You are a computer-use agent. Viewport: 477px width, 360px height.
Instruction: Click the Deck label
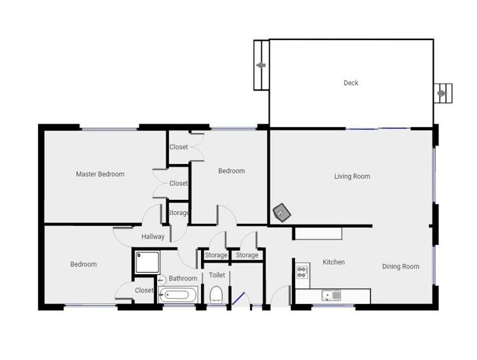351,83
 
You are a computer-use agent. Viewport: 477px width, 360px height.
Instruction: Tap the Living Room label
352,176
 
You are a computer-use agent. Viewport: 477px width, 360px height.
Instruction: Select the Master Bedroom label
100,174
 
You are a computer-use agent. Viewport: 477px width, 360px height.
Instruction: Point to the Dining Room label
401,267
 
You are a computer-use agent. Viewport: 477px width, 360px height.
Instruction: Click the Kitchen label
333,262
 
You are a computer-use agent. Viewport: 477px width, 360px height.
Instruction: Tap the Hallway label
153,237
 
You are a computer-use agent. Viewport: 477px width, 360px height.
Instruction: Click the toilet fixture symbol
216,294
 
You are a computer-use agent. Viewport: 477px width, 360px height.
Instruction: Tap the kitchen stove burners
303,272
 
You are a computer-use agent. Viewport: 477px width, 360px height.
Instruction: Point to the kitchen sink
331,295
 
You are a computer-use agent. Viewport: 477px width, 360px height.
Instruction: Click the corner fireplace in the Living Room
281,213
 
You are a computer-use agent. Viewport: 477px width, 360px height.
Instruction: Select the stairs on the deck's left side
261,65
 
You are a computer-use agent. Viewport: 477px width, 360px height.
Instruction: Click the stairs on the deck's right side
443,93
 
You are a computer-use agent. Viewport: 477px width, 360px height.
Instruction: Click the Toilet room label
217,275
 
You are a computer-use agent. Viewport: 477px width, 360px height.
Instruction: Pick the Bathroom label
183,279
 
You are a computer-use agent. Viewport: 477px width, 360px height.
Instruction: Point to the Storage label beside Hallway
179,213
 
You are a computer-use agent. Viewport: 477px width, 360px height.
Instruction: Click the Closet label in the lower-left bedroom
144,291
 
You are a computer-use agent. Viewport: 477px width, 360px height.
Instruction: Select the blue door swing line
238,298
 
